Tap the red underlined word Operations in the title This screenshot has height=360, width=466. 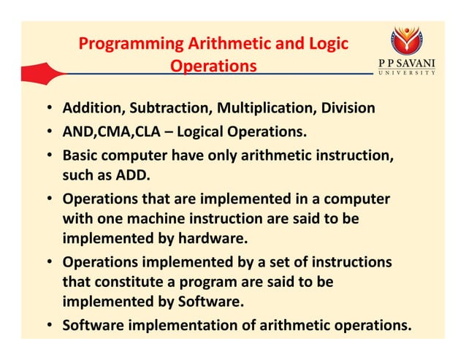coord(213,66)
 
